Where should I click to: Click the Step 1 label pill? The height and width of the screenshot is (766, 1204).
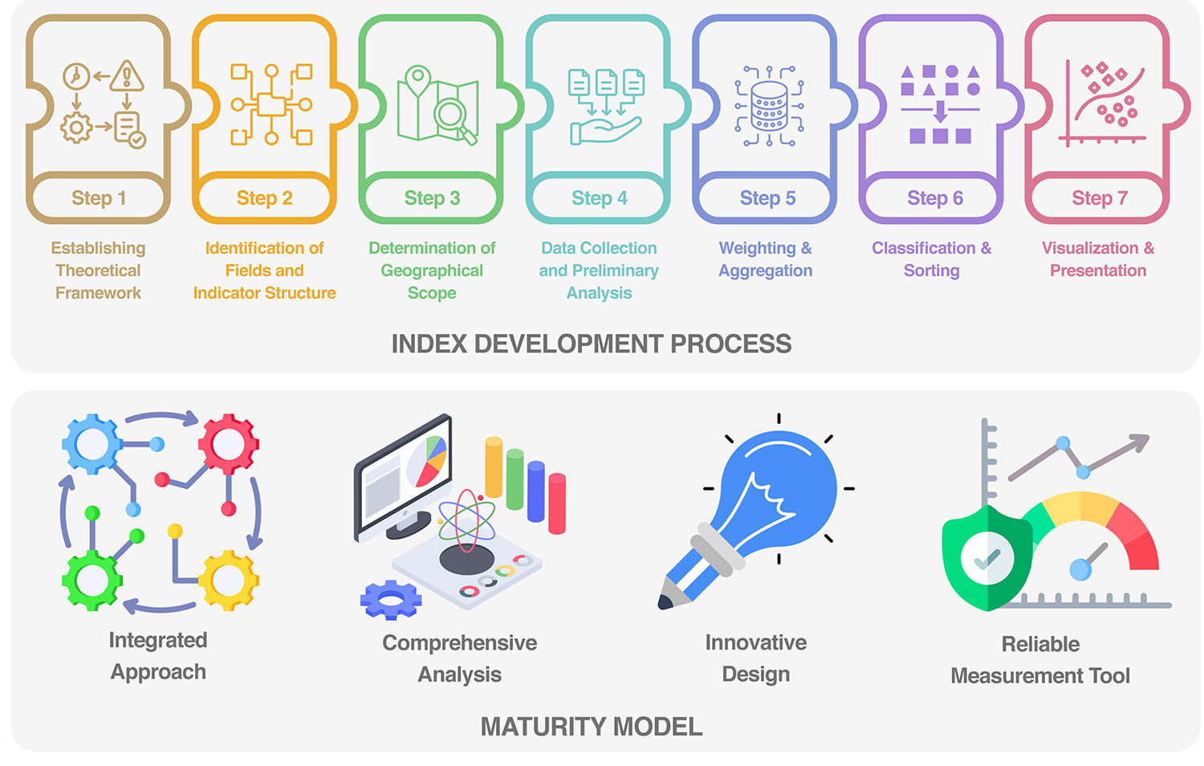pyautogui.click(x=98, y=198)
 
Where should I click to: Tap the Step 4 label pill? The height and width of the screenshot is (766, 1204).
pyautogui.click(x=599, y=198)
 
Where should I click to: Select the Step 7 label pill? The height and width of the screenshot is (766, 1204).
pyautogui.click(x=1099, y=198)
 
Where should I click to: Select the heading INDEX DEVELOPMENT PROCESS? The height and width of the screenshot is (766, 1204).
pyautogui.click(x=591, y=344)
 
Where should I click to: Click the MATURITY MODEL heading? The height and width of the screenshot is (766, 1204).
pyautogui.click(x=591, y=727)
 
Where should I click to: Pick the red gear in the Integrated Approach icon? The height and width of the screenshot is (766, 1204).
pyautogui.click(x=229, y=443)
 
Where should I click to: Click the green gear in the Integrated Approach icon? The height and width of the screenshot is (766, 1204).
pyautogui.click(x=92, y=579)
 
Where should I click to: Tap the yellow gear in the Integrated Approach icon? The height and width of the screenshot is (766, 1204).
pyautogui.click(x=229, y=579)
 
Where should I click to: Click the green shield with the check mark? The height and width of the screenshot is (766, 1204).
pyautogui.click(x=987, y=558)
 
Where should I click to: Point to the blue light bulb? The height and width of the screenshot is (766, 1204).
pyautogui.click(x=778, y=489)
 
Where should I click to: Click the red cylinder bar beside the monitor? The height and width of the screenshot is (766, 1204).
pyautogui.click(x=557, y=503)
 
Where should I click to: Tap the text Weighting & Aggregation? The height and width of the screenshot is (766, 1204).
pyautogui.click(x=765, y=259)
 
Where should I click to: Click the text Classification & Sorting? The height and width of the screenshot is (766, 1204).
pyautogui.click(x=931, y=259)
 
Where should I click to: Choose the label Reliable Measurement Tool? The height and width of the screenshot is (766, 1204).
pyautogui.click(x=1039, y=660)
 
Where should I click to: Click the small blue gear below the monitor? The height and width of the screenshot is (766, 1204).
pyautogui.click(x=390, y=599)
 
